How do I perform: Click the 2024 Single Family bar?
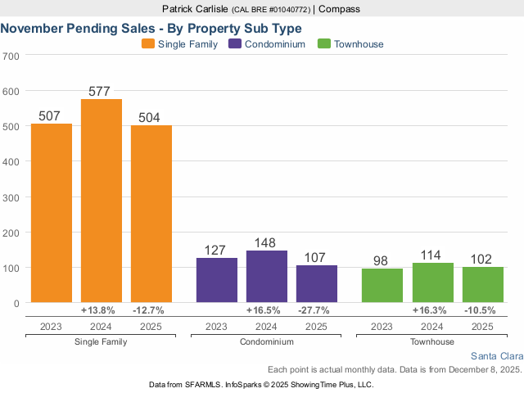coord(102,201)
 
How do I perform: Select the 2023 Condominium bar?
coord(217,280)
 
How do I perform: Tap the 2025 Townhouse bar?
coord(483,285)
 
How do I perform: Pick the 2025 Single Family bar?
coord(151,214)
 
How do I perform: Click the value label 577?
coord(102,92)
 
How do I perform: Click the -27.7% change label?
coord(317,310)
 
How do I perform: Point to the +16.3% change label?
coord(432,310)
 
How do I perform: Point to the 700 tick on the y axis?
coord(11,56)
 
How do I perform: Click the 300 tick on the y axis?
coord(11,197)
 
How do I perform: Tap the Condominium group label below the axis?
coord(267,341)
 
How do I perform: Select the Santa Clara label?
coord(496,356)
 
